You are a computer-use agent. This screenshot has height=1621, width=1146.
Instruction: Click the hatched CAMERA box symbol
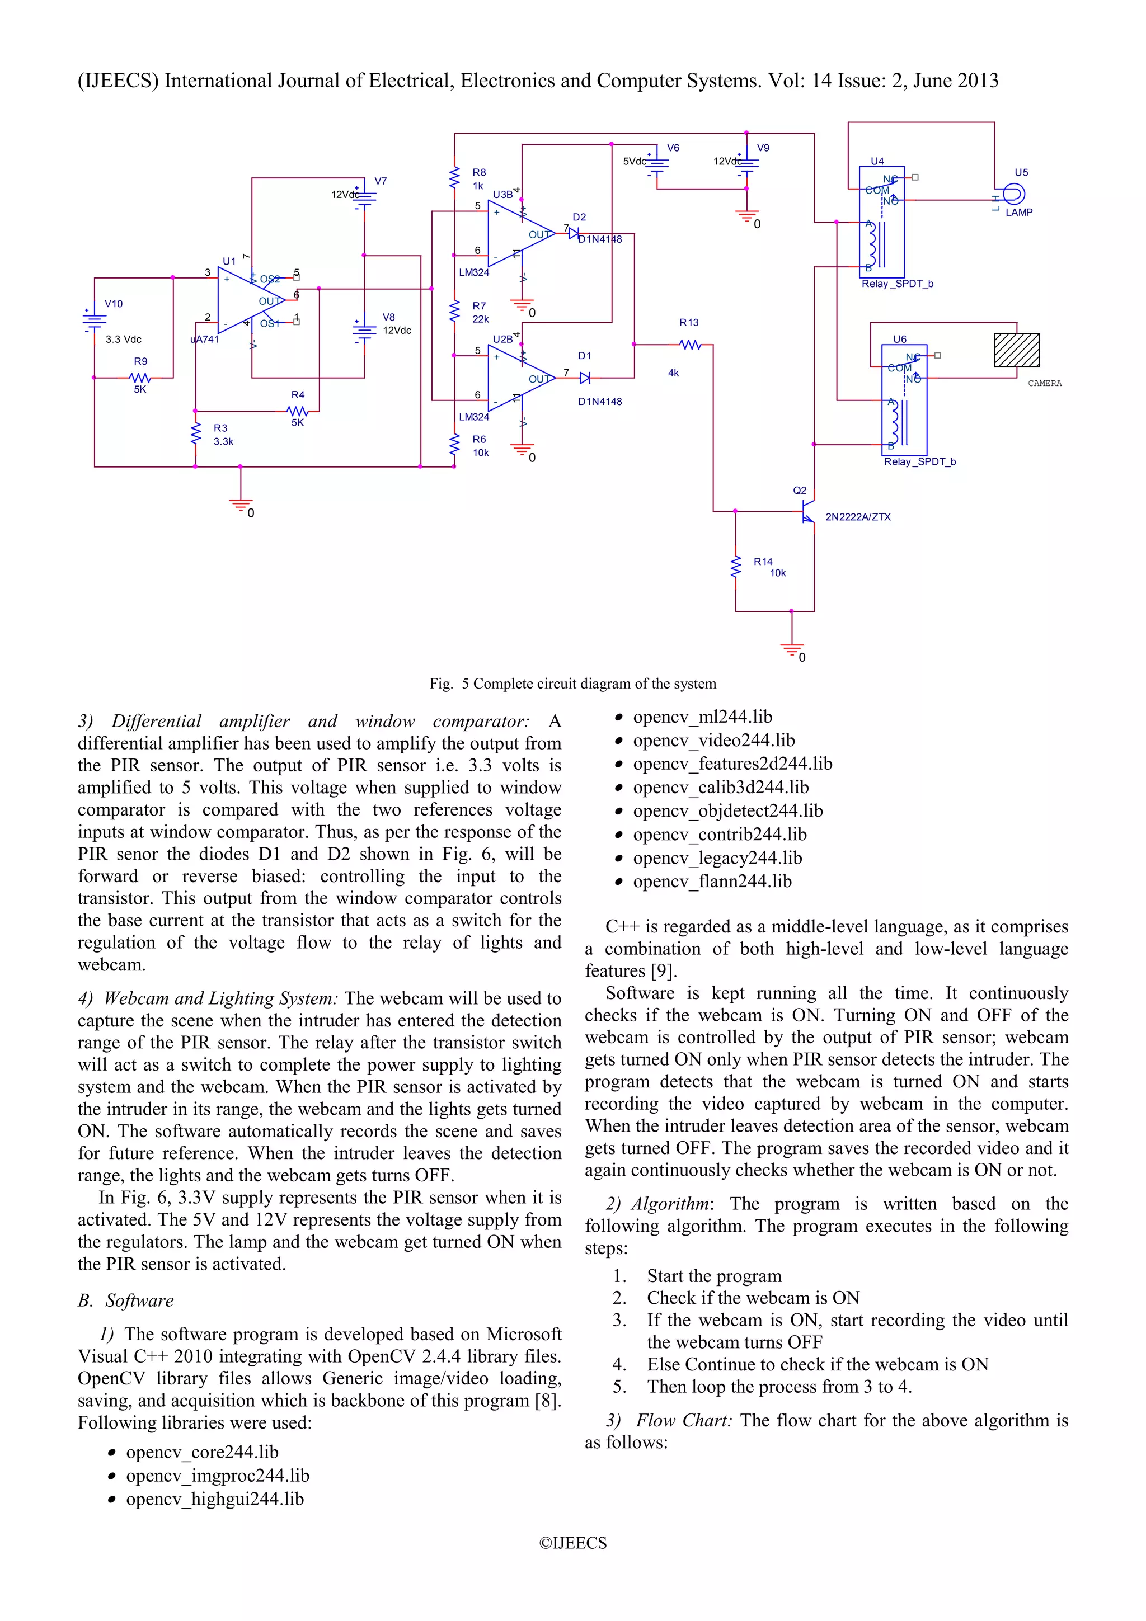[1016, 350]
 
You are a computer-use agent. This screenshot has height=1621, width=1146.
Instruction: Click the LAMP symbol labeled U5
[1013, 194]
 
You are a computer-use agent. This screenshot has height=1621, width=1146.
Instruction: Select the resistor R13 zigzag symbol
[690, 345]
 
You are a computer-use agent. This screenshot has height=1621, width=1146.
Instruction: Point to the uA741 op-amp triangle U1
[248, 301]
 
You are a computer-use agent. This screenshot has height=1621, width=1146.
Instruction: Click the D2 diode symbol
[574, 233]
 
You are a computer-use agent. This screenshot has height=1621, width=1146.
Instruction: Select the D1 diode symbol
[585, 379]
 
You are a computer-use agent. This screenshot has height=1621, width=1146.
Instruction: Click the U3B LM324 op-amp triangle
[519, 233]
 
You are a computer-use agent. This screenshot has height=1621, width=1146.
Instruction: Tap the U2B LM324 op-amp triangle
[519, 378]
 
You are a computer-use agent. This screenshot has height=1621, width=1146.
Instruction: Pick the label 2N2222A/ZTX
[858, 517]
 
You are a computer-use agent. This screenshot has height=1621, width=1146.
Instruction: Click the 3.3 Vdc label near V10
[124, 340]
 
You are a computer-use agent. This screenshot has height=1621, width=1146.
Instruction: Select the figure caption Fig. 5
[572, 684]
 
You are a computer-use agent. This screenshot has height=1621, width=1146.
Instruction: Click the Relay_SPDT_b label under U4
[897, 284]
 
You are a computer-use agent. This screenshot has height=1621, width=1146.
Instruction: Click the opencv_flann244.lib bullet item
[712, 881]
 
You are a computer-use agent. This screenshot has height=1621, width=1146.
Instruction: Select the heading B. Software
[126, 1300]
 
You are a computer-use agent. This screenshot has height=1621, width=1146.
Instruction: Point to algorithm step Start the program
[714, 1276]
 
